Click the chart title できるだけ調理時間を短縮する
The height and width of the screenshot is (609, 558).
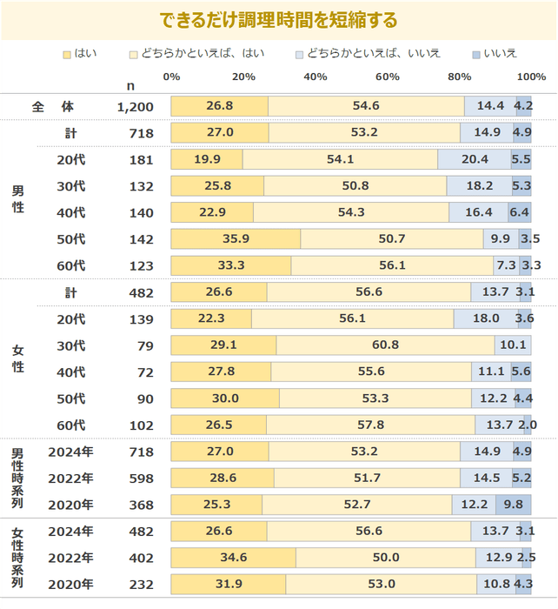click(x=279, y=20)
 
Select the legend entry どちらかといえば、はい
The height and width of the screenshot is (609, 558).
click(x=202, y=54)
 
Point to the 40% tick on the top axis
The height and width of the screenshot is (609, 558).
click(x=316, y=77)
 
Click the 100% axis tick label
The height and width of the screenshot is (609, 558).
click(x=530, y=77)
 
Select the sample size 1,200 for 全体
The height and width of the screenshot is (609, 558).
click(x=135, y=106)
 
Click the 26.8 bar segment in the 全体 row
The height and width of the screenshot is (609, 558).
click(x=219, y=106)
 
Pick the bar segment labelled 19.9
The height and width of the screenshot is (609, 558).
click(x=207, y=160)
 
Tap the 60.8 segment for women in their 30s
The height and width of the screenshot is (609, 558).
click(x=385, y=345)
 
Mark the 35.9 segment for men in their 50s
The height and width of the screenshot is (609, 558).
click(x=236, y=239)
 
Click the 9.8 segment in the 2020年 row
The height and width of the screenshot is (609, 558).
click(x=514, y=505)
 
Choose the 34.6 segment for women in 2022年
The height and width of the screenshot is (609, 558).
click(x=233, y=558)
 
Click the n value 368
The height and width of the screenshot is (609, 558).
click(x=141, y=505)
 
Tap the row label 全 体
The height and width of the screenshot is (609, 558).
click(x=53, y=106)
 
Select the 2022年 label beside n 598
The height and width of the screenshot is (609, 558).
click(x=70, y=478)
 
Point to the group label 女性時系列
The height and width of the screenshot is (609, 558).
click(x=17, y=558)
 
